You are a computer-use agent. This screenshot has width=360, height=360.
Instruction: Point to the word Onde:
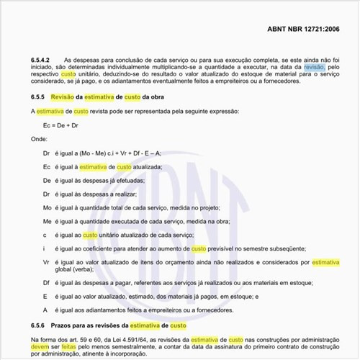click(39, 140)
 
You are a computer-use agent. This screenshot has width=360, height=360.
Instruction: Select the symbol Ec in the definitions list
click(47, 167)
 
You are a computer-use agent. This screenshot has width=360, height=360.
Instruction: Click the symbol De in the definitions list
click(47, 181)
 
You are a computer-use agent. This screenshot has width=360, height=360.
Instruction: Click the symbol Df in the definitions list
click(47, 283)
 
